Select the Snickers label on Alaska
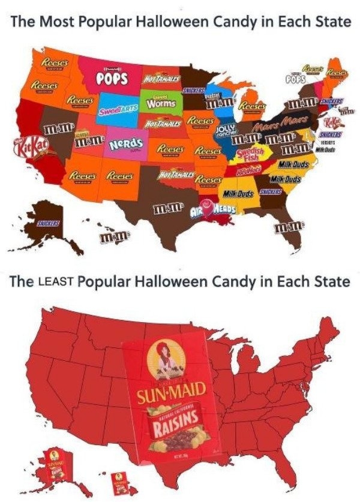pyautogui.click(x=52, y=223)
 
